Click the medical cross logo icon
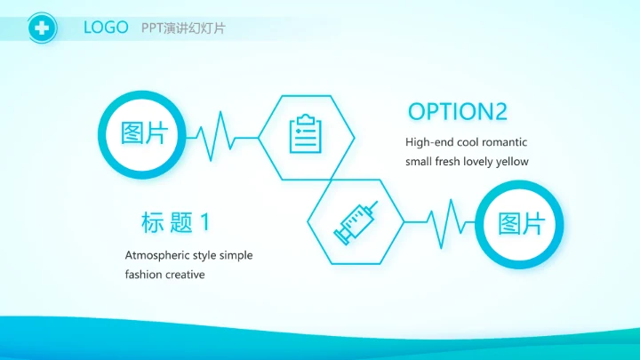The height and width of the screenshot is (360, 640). coord(41,28)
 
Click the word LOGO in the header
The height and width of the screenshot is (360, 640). coord(106,28)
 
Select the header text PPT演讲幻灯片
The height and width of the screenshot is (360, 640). coord(183,28)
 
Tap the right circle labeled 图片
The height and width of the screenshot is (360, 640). coord(520,223)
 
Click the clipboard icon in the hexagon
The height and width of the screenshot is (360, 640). coord(306,136)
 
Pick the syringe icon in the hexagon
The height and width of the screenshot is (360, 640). coord(355,222)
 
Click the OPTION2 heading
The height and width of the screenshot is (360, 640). coord(457,111)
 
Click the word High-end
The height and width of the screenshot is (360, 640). coord(429,142)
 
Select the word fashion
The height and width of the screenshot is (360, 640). coord(143,275)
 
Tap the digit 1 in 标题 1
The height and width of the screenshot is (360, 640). coord(205,222)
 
